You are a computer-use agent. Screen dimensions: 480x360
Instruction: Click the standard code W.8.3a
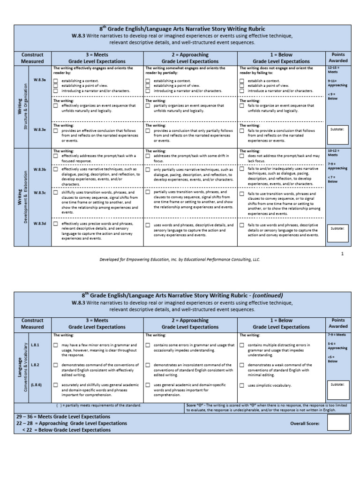coord(39,80)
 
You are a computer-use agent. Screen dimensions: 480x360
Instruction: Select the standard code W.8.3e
coord(39,130)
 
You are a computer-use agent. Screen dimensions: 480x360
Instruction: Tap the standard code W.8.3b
coord(39,169)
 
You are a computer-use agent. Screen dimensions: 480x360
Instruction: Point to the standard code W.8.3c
coord(39,193)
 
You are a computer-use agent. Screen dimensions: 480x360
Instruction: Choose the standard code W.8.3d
coord(39,224)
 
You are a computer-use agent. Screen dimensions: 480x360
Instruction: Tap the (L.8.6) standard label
coord(36,384)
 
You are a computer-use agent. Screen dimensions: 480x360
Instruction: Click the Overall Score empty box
coord(337,423)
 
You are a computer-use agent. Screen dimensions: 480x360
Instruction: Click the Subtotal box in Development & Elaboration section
coord(337,233)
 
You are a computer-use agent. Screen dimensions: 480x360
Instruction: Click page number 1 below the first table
coord(342,253)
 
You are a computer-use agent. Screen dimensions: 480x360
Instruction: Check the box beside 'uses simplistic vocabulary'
coord(242,385)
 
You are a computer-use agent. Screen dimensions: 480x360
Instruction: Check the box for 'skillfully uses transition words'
coord(56,193)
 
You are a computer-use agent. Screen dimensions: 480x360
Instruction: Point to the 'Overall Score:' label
coord(305,423)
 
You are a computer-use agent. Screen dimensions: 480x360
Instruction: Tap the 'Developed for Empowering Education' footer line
coord(180,259)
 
